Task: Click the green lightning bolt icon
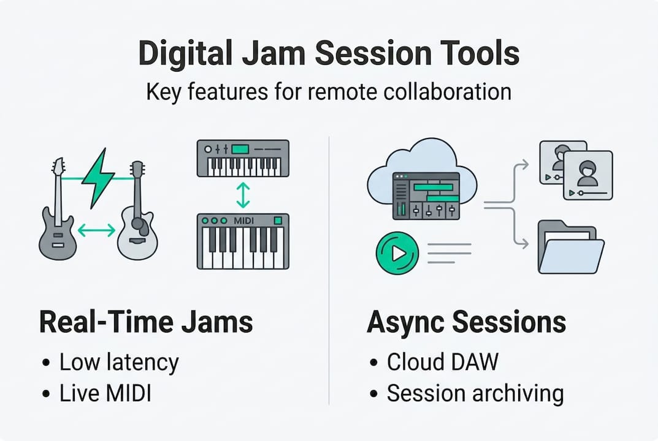click(98, 178)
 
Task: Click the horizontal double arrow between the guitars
click(97, 230)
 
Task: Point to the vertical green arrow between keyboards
click(243, 195)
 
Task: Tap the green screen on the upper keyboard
click(240, 149)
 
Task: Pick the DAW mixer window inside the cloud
click(426, 195)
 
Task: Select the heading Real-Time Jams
click(146, 322)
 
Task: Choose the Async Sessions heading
click(466, 322)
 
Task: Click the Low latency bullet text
click(119, 363)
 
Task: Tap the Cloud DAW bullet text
click(443, 363)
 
